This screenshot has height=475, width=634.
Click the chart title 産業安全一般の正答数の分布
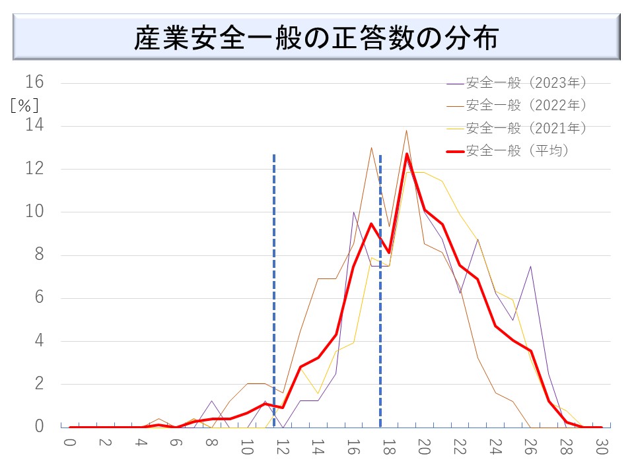(x=316, y=38)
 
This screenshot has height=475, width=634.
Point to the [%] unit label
(x=24, y=104)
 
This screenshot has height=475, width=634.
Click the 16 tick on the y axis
(x=34, y=82)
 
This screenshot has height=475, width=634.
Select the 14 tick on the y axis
(x=34, y=125)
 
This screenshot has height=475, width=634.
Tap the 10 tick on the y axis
(x=34, y=212)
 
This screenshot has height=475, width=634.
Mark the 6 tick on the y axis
(x=38, y=298)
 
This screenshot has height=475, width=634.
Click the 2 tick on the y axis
(x=38, y=384)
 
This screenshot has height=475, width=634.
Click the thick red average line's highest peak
(x=406, y=154)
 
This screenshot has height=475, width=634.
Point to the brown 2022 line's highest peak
(x=406, y=130)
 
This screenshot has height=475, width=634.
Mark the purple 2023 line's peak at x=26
(x=530, y=267)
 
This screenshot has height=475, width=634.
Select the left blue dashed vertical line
(x=274, y=290)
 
